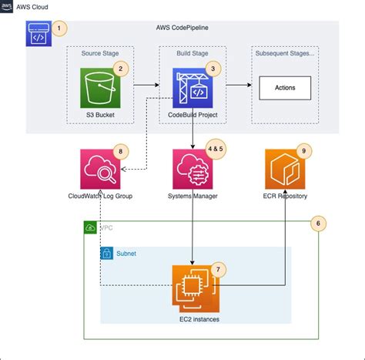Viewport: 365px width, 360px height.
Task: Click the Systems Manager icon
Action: coord(192,170)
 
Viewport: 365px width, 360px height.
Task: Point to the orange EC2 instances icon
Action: coord(192,286)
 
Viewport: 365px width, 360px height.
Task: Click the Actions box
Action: coord(284,88)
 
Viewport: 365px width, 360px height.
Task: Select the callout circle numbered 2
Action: coord(119,69)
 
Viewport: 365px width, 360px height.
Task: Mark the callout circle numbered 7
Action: coord(219,269)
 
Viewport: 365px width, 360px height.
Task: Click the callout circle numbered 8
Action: coord(119,151)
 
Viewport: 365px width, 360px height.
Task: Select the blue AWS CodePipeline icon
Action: coord(39,34)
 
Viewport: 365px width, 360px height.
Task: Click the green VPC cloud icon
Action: coord(91,228)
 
